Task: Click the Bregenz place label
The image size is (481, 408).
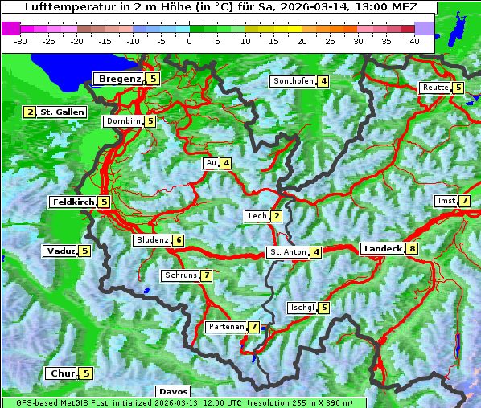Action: [x=119, y=79]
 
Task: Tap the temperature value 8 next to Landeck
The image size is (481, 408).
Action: [x=412, y=249]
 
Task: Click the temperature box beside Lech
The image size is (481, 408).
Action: [x=277, y=216]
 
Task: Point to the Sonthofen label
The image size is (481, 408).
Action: [x=293, y=81]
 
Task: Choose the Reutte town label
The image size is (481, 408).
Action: [x=434, y=88]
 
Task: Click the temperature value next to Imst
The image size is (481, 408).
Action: [x=465, y=200]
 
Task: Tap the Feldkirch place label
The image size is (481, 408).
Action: [x=73, y=202]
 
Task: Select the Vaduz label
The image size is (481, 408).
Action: [x=61, y=251]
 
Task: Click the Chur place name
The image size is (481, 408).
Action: [x=62, y=373]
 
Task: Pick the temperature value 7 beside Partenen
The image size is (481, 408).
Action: [x=253, y=327]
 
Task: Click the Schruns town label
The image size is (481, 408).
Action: [x=180, y=275]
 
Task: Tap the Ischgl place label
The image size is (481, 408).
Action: [x=302, y=308]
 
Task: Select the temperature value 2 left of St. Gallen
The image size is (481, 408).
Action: [x=30, y=112]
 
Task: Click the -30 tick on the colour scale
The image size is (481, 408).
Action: [x=21, y=40]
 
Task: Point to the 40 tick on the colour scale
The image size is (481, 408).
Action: [x=414, y=40]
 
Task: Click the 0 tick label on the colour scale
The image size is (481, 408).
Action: [x=189, y=40]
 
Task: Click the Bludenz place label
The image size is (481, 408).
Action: [x=152, y=240]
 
